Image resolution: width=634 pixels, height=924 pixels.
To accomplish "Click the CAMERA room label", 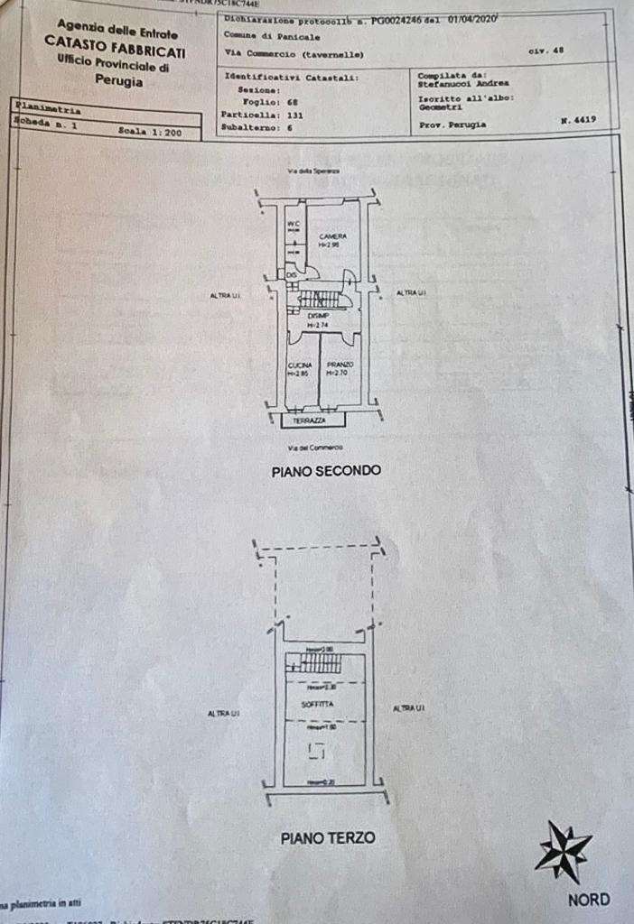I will [332, 236].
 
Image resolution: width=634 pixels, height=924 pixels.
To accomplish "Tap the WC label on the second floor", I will [293, 224].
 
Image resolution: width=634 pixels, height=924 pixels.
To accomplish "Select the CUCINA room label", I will [300, 365].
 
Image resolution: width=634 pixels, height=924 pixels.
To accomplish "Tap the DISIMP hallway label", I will [317, 317].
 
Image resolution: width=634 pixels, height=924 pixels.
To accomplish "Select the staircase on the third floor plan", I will [313, 663].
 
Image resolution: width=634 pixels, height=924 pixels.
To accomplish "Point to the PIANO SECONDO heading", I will [326, 470].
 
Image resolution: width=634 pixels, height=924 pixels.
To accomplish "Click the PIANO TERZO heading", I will [328, 838].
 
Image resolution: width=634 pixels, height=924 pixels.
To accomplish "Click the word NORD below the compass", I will [589, 900].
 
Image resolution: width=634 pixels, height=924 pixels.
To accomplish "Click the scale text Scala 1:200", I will [150, 132].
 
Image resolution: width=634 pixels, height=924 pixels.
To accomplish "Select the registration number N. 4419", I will [575, 119].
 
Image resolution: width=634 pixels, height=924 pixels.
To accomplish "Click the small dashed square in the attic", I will [315, 750].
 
